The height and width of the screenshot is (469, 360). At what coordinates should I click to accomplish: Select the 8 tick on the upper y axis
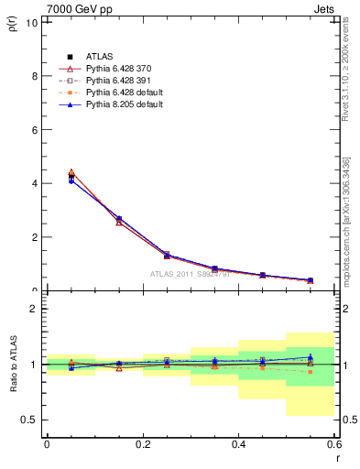(34, 76)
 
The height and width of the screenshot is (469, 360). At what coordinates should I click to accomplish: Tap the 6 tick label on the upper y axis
(34, 130)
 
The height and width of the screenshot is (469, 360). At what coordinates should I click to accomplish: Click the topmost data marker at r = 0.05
(71, 171)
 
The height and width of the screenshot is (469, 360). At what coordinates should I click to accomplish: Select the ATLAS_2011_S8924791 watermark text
(190, 274)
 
